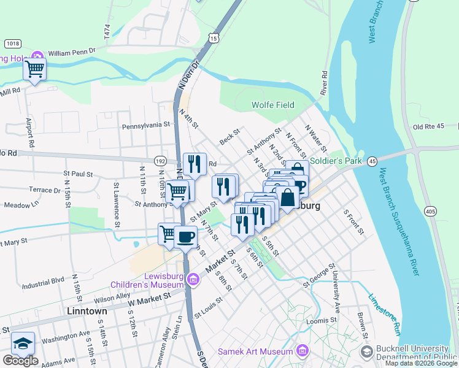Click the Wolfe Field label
pos(273,105)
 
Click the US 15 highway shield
pos(213,38)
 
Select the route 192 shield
pos(160,161)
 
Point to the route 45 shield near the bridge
pos(372,161)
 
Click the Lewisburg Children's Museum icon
pos(193,280)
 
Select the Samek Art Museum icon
pos(302,351)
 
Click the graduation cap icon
pos(23,343)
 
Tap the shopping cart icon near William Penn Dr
pos(35,68)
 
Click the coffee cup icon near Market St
pos(185,236)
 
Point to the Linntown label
pos(87,311)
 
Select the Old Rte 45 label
pos(428,127)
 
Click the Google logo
pos(20,361)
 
